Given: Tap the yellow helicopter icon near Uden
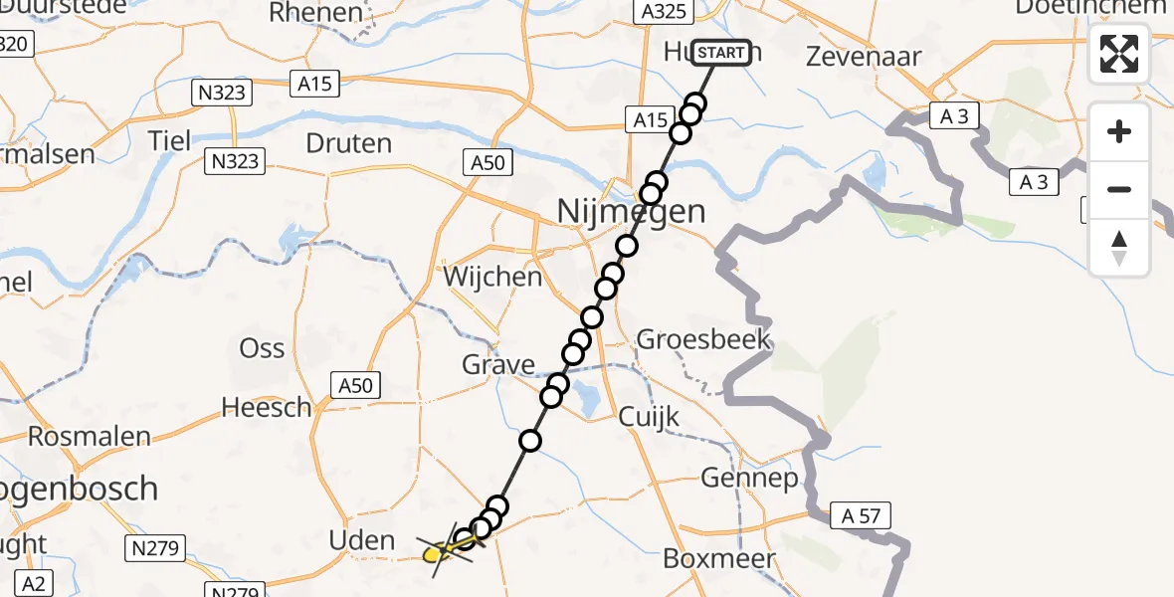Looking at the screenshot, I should tap(440, 549).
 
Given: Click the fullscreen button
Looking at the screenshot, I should tap(1119, 54).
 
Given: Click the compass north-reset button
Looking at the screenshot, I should tap(1119, 247).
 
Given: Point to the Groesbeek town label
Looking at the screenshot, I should tap(703, 339).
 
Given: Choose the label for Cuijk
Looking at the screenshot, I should tap(649, 416).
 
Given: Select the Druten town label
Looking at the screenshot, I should tap(348, 143).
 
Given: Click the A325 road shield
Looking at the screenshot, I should tap(660, 12).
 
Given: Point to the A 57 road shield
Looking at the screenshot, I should tap(862, 515).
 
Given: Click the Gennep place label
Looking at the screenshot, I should tap(749, 479).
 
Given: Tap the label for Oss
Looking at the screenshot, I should tap(263, 348).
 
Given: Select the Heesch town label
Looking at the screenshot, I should tap(266, 407).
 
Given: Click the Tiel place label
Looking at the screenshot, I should tap(169, 140).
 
